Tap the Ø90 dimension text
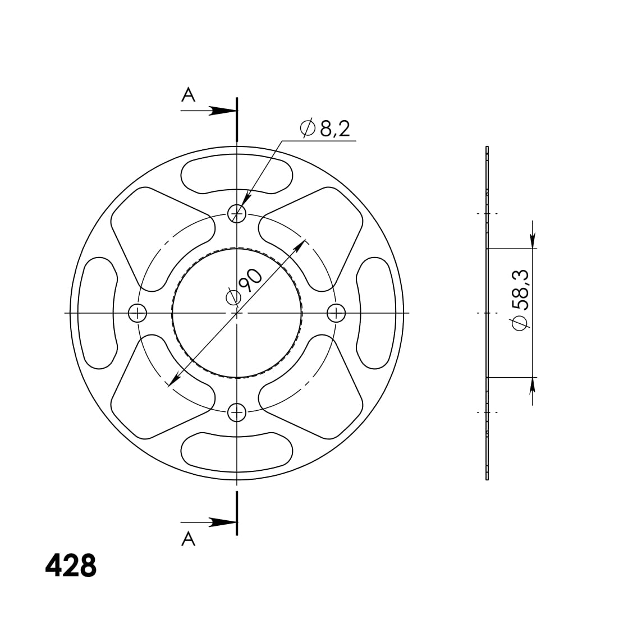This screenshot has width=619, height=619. tap(244, 286)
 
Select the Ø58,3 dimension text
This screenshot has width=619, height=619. tap(520, 300)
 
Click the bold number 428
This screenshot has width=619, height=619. tap(71, 566)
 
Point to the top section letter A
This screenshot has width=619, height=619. tap(189, 95)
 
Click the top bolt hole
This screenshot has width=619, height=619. tap(237, 214)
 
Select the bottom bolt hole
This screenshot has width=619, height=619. tap(237, 412)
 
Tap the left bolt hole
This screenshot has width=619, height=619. tap(137, 314)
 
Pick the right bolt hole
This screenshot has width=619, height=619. tap(336, 314)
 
